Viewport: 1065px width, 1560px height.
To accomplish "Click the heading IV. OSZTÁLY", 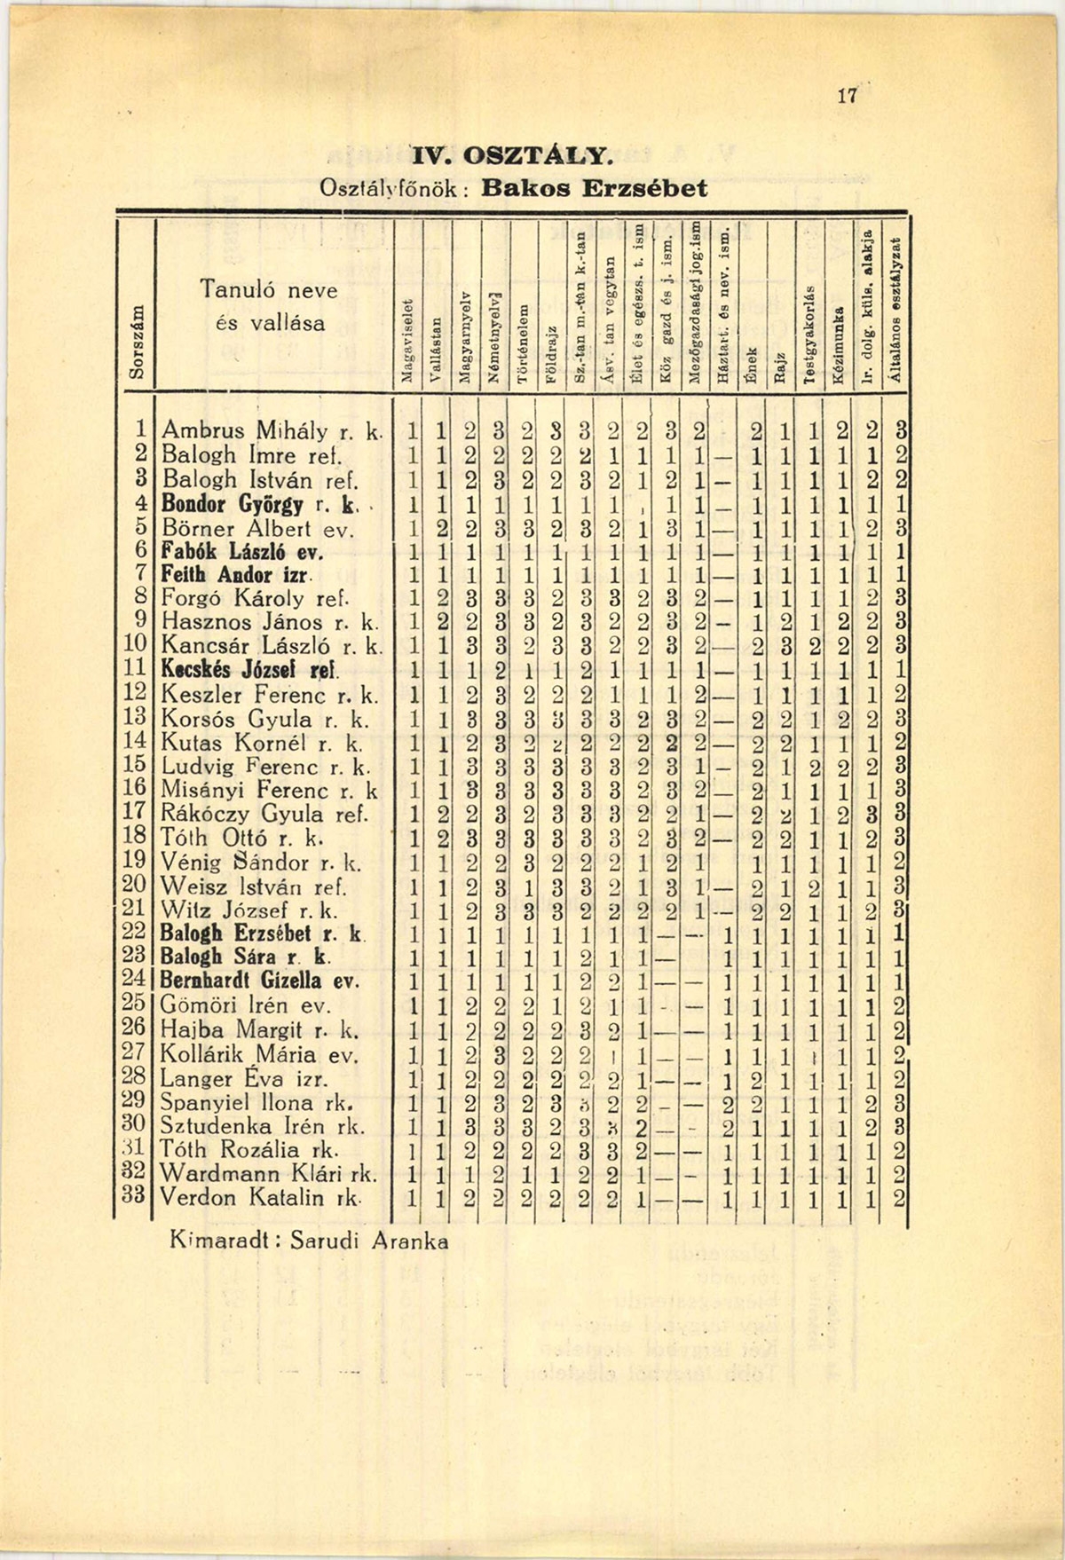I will point(509,158).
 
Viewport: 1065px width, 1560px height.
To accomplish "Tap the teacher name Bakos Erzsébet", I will point(595,189).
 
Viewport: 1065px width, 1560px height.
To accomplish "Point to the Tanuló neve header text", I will point(268,289).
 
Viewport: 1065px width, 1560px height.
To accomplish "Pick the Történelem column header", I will point(524,346).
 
